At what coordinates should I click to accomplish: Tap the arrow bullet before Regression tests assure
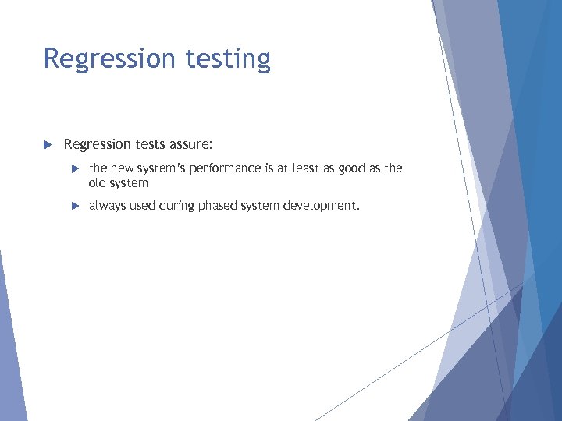point(47,144)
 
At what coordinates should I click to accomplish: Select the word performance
point(227,168)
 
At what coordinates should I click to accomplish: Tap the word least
point(308,168)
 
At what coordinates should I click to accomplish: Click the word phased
point(219,207)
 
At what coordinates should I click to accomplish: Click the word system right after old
point(130,183)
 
